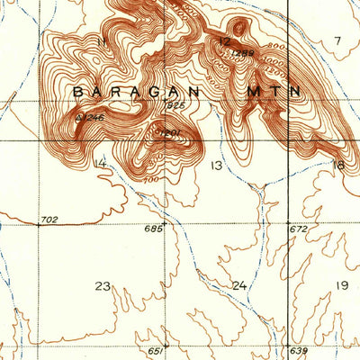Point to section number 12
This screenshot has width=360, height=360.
(224, 41)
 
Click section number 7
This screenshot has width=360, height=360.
(337, 40)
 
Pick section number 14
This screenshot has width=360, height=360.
(99, 163)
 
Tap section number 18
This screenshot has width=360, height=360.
(337, 165)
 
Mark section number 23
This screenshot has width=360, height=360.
(103, 286)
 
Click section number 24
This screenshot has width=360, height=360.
(238, 285)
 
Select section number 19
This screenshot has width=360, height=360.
(341, 285)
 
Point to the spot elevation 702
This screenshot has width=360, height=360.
(49, 219)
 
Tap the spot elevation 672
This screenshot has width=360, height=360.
(299, 229)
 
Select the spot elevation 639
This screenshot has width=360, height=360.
(299, 350)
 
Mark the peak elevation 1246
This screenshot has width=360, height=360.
(91, 116)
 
